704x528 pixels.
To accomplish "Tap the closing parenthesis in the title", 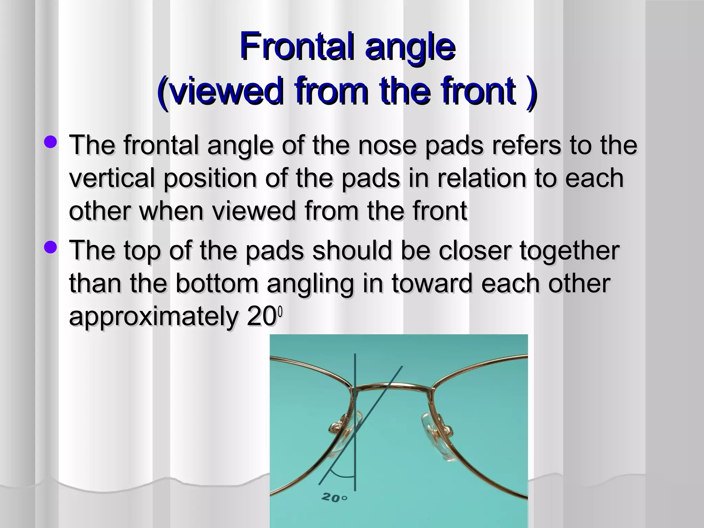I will [531, 91].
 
